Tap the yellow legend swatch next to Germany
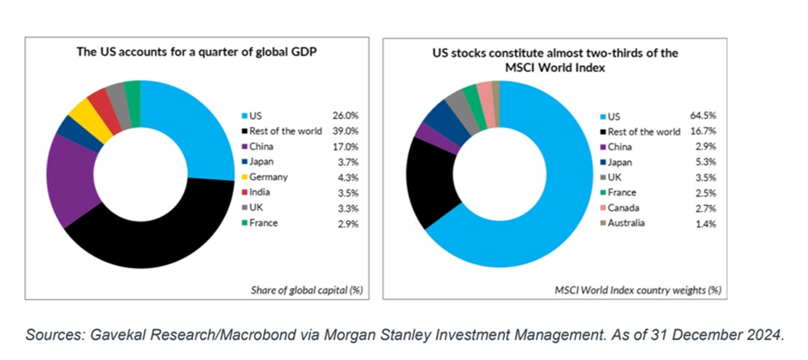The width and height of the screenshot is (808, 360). [x=243, y=177]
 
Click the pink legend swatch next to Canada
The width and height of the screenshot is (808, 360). [x=603, y=208]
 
